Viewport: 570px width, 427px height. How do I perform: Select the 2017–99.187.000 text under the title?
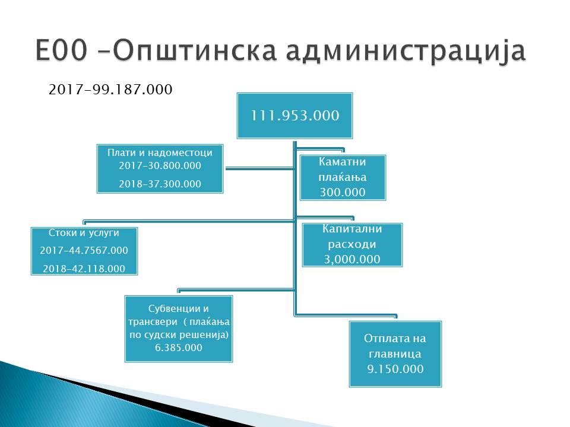coord(110,90)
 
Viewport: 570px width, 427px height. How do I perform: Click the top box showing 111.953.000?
coord(295,116)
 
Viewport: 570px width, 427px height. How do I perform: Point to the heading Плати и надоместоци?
coord(160,152)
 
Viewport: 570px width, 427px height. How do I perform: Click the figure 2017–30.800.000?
coord(160,165)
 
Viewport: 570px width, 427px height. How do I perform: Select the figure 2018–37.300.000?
coord(160,184)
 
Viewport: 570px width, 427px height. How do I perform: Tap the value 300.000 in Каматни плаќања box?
coord(343,192)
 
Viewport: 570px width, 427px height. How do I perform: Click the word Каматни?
coord(343,161)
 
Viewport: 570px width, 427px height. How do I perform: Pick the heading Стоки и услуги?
coord(84,232)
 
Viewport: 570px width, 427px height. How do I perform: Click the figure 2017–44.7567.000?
coord(84,250)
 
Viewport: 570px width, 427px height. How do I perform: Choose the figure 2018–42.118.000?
coord(84,269)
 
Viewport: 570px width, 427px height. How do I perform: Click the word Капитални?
coord(352,229)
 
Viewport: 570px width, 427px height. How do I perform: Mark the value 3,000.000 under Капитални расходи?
coord(352,259)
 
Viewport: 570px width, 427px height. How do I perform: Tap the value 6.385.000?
coord(179,348)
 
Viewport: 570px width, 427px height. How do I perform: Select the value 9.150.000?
coord(395,369)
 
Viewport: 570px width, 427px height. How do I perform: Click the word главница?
coord(395,353)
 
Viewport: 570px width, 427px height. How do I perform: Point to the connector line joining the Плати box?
coord(259,168)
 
